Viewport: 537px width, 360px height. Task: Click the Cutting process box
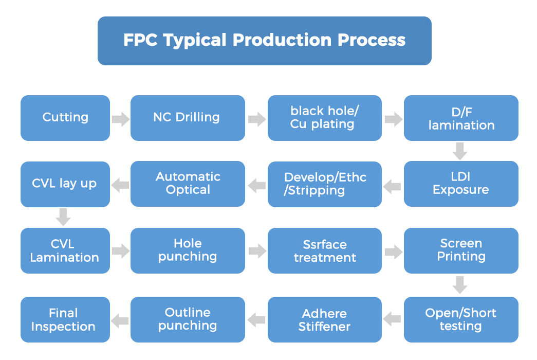coord(65,118)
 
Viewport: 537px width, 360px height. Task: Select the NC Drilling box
coord(188,118)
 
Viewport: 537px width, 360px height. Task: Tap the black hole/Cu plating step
coord(325,118)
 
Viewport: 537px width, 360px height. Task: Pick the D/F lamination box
coord(461,118)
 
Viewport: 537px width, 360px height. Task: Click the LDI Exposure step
coord(461,184)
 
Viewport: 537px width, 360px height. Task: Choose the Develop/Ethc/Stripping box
coord(325,184)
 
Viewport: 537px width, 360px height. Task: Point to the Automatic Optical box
coord(188,184)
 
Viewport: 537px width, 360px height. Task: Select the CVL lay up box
coord(65,184)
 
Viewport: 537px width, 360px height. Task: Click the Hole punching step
coord(188,250)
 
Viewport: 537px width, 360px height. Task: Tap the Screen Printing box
coord(461,250)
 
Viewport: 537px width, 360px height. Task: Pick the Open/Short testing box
coord(461,319)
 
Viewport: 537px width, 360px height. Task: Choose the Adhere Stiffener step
coord(325,319)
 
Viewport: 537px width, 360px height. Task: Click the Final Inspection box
coord(65,319)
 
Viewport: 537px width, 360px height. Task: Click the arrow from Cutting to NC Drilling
coord(121,119)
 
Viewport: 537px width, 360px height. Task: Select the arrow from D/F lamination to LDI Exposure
coord(460,151)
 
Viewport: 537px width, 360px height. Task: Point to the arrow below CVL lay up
coord(63,217)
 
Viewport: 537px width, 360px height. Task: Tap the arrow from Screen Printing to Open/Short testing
coord(460,285)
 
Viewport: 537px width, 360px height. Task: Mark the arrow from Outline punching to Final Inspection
coord(120,320)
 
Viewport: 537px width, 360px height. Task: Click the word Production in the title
coord(282,40)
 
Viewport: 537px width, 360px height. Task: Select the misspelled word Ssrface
coord(325,244)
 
